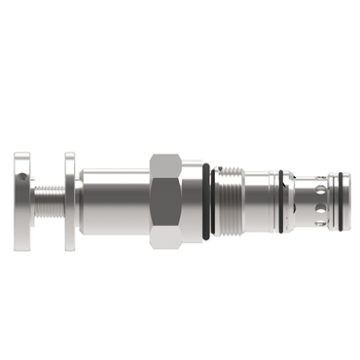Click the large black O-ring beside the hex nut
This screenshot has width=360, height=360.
205,199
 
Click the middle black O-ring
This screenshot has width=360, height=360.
280,199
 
